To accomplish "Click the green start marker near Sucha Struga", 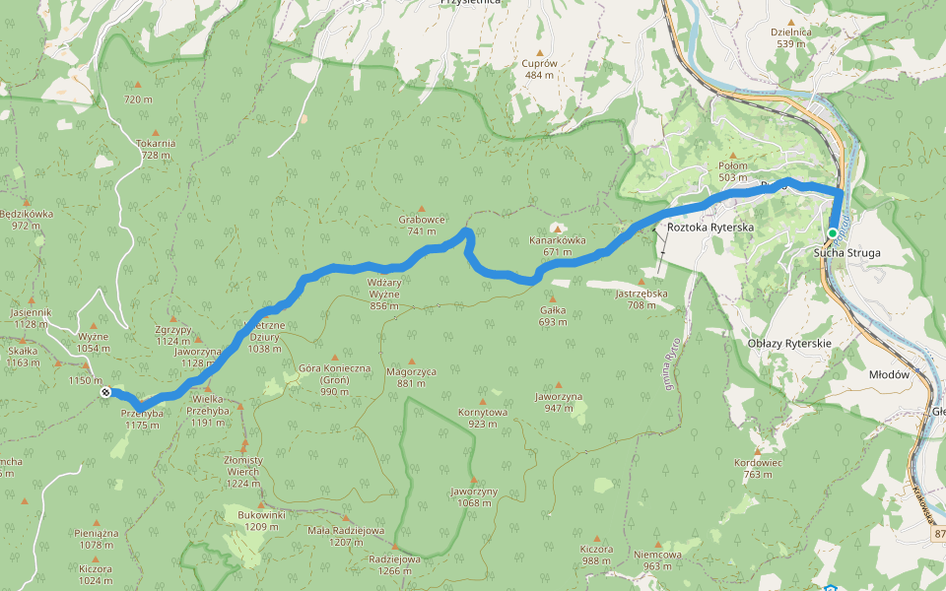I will [x=833, y=233].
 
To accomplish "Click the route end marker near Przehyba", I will [x=105, y=392].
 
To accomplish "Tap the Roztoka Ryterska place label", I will [x=709, y=228].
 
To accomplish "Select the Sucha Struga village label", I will [x=846, y=253].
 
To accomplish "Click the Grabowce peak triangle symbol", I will [x=422, y=209].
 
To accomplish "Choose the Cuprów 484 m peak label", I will [x=539, y=69].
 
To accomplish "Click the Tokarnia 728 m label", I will [x=157, y=149].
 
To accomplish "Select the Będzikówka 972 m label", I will [x=27, y=219].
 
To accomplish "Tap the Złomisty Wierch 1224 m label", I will [x=242, y=466].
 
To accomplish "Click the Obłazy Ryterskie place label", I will [x=789, y=343].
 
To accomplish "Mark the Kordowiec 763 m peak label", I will [x=758, y=468].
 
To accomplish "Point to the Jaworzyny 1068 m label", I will [x=473, y=497].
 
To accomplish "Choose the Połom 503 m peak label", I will [x=733, y=171].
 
